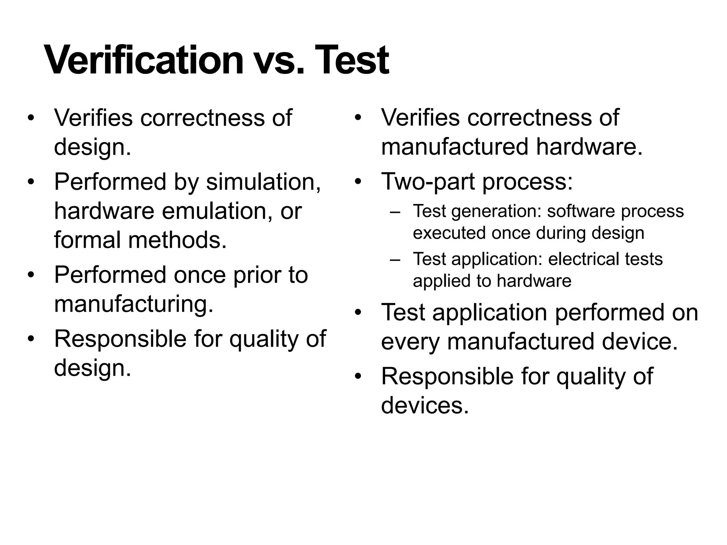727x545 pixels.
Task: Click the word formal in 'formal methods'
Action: click(x=88, y=240)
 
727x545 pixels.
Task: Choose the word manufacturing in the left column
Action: click(x=134, y=304)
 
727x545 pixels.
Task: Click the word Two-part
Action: click(x=428, y=182)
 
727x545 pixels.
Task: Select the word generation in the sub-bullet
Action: click(x=496, y=212)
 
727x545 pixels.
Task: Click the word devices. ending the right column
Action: click(x=425, y=405)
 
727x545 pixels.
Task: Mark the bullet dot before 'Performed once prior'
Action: click(x=31, y=275)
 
